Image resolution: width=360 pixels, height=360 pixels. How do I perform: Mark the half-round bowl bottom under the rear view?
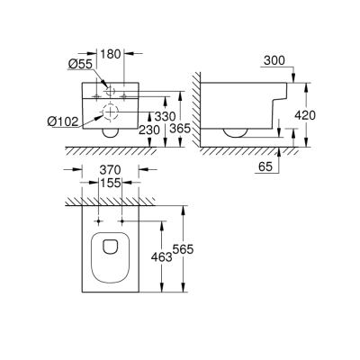(111, 132)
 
